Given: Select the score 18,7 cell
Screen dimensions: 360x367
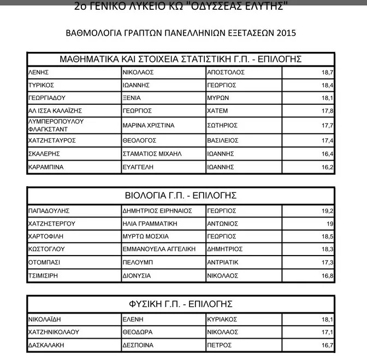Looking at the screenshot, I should (327, 72).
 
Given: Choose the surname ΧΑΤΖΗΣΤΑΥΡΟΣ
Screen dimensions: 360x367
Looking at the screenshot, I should (51, 140).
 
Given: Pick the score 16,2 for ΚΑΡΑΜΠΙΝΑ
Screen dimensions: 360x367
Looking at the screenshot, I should (327, 167).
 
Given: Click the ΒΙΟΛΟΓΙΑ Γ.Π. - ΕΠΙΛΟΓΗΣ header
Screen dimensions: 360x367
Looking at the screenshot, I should (181, 196).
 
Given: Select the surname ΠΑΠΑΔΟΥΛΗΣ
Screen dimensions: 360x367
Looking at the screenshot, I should (50, 210).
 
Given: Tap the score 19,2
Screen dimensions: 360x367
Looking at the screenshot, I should (327, 210).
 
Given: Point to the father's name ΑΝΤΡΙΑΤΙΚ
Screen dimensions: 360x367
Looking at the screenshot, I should (223, 263).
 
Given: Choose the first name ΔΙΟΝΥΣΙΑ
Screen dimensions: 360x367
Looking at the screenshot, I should (137, 276).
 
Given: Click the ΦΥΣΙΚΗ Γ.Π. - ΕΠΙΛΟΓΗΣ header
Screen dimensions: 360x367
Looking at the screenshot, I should (181, 304).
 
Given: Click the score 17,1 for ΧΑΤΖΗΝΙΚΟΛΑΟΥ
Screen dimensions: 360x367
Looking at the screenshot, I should (327, 332).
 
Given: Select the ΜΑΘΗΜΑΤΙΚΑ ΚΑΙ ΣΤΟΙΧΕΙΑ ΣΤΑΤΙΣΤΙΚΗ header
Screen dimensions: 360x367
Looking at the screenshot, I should (181, 58).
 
